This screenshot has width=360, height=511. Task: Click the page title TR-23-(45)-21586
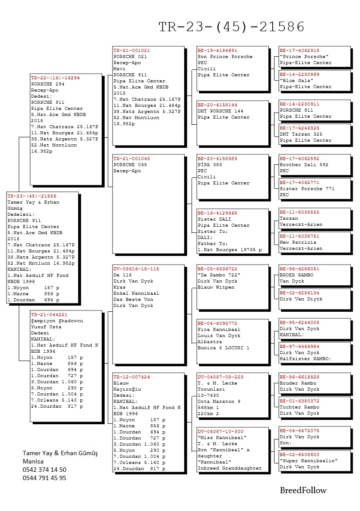click(x=231, y=27)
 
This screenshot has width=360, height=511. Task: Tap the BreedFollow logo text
click(x=303, y=491)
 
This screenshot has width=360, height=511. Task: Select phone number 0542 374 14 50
click(x=45, y=470)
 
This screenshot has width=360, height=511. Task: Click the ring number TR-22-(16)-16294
click(x=55, y=78)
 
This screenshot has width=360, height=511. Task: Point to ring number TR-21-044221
click(x=49, y=314)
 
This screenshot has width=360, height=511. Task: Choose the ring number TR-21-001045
click(x=131, y=159)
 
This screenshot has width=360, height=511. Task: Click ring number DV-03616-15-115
click(x=136, y=269)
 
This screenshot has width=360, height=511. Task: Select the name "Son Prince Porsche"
click(x=225, y=57)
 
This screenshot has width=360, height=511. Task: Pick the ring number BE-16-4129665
click(x=217, y=213)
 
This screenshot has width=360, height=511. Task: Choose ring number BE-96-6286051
click(x=299, y=269)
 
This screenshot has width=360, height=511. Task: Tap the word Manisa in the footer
click(x=33, y=461)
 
